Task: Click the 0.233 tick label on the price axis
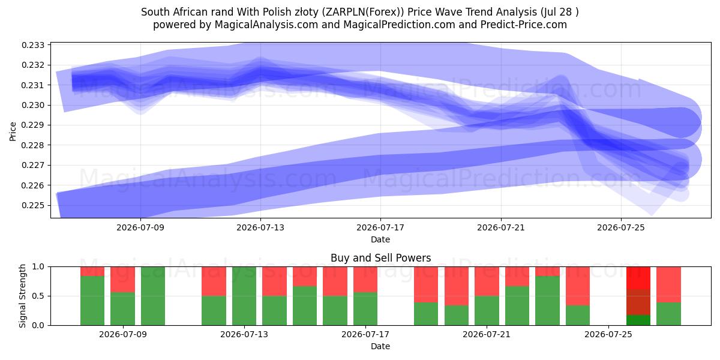[x=33, y=45]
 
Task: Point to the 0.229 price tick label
[x=33, y=125]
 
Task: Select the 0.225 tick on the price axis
[x=33, y=205]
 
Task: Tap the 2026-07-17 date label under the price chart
[x=380, y=227]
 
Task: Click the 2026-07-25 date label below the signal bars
[x=608, y=334]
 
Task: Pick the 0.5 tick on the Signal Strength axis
[x=38, y=296]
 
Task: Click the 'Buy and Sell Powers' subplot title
[x=380, y=258]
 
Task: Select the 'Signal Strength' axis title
[x=22, y=296]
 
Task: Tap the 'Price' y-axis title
[x=13, y=131]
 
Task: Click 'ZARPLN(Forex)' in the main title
[x=364, y=12]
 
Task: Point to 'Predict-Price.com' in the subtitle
[x=524, y=25]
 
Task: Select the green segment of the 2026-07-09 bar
[x=122, y=308]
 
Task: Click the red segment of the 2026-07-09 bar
[x=122, y=280]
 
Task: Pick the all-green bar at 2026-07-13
[x=244, y=296]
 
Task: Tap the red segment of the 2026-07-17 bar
[x=365, y=280]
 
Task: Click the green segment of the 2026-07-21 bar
[x=487, y=311]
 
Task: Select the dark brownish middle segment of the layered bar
[x=638, y=302]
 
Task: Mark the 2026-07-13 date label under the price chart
[x=260, y=227]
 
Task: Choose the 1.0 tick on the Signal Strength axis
[x=38, y=266]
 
